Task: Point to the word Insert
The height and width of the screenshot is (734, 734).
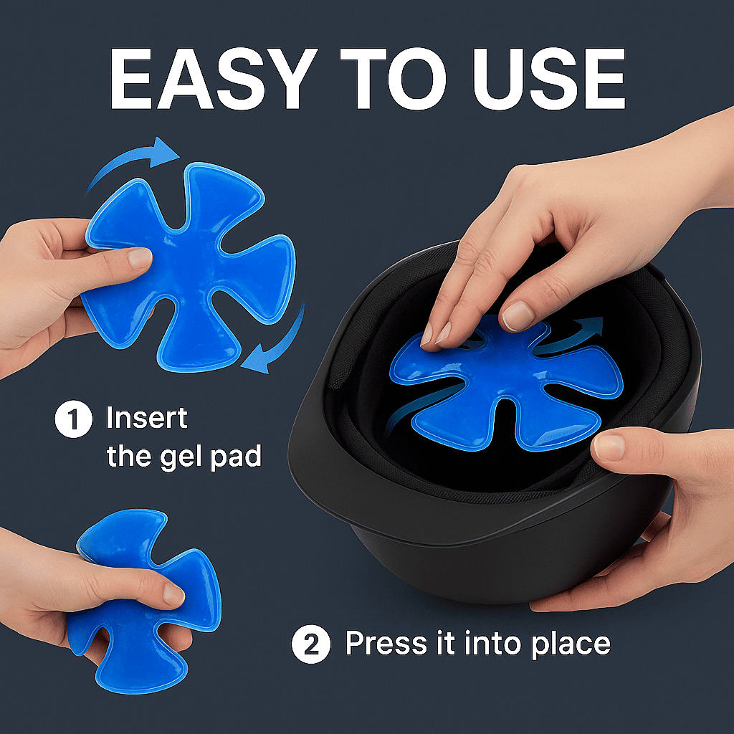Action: [x=146, y=418]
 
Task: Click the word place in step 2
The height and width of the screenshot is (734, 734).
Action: [x=571, y=644]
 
